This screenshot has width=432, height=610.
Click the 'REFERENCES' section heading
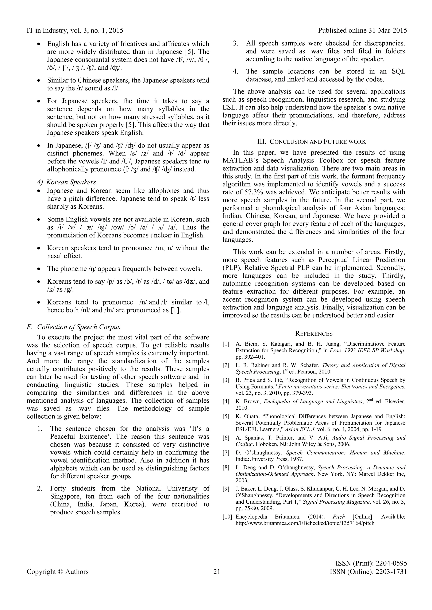314,334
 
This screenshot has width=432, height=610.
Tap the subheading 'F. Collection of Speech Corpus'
74,327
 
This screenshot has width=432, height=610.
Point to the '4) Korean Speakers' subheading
66,182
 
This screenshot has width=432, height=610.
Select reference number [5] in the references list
226,416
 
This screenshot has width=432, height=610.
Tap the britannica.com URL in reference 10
305,523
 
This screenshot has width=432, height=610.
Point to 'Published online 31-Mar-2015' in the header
362,31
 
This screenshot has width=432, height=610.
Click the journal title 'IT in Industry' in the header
47,31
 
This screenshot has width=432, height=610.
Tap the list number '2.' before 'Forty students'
40,488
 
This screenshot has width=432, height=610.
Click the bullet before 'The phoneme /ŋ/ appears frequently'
39,269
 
